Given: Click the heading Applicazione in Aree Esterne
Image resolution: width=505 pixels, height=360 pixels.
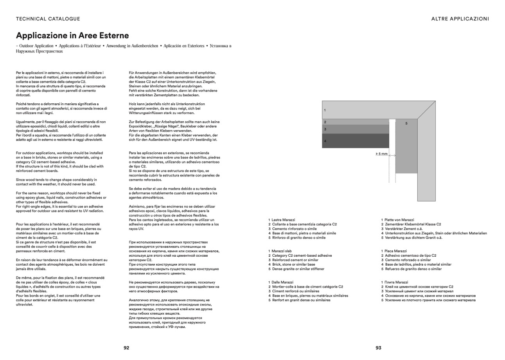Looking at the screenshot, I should pos(72,36).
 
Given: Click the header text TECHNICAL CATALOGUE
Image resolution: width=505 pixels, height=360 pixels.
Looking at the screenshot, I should pos(48,19).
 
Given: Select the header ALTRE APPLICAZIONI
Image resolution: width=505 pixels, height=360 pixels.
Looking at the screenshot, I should pos(460,19).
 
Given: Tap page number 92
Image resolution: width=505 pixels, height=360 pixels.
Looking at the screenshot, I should pos(126,347).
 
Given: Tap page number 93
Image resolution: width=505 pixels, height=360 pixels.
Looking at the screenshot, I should pos(378,347).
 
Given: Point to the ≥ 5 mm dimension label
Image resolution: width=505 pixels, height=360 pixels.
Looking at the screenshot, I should pos(382,154).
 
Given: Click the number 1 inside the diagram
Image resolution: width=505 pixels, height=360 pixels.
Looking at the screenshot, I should pos(325,110).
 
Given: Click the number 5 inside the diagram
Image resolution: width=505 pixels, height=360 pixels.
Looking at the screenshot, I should pos(406,124).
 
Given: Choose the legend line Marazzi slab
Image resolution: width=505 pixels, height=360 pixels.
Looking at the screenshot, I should pos(282,251).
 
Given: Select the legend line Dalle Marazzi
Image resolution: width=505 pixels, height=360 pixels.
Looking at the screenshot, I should pos(282,282).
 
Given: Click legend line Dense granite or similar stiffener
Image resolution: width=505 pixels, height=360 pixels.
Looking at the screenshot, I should pos(298,269).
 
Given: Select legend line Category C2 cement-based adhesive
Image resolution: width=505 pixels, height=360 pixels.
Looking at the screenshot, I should pos(302,256).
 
